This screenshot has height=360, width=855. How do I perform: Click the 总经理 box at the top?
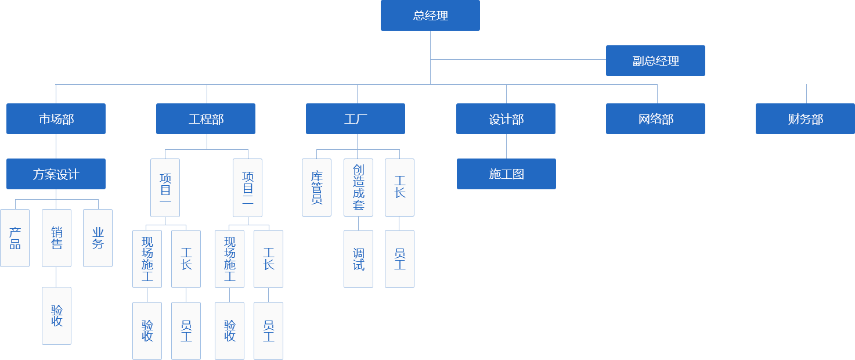tap(430, 16)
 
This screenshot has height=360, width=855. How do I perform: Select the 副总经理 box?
tap(655, 61)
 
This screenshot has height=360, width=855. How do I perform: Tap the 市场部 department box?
tap(56, 119)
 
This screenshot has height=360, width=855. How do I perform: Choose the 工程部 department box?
tap(205, 119)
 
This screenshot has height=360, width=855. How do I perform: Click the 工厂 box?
tap(355, 119)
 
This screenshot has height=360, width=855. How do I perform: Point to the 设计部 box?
tap(506, 119)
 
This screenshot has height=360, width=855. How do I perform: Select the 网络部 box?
tap(656, 119)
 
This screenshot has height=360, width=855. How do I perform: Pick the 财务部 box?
tap(805, 119)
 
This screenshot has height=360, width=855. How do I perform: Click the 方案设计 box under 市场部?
tap(56, 174)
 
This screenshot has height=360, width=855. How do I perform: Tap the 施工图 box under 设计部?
tap(506, 174)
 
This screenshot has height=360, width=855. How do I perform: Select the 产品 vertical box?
tap(15, 238)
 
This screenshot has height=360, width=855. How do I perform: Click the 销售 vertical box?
tap(56, 238)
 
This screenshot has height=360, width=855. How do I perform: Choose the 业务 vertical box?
tap(98, 238)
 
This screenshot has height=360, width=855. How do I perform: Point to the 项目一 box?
tap(165, 188)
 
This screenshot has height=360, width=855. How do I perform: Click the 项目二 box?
tap(247, 188)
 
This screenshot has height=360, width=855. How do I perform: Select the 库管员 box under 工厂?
tap(316, 188)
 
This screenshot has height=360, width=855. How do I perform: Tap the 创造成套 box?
tap(358, 188)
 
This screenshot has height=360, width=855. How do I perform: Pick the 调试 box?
tap(358, 259)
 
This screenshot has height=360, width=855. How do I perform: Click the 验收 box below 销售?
tap(56, 315)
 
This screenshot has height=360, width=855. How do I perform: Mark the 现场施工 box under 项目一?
tap(147, 259)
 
